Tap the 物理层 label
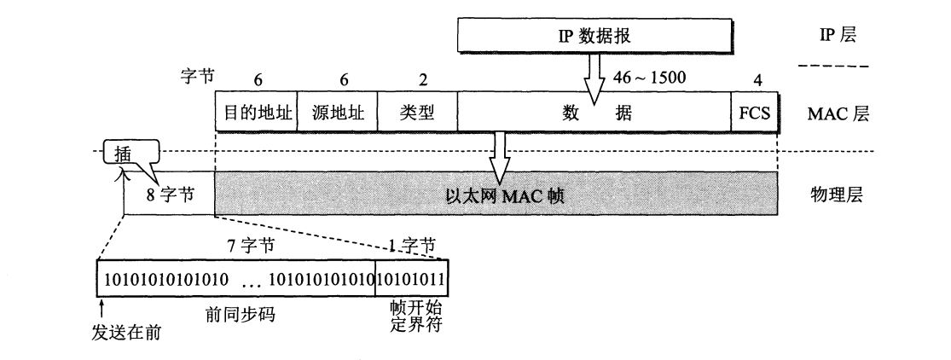(835, 194)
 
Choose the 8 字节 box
(168, 194)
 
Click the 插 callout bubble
(122, 154)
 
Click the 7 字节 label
(254, 246)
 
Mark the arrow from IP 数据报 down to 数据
(594, 74)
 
